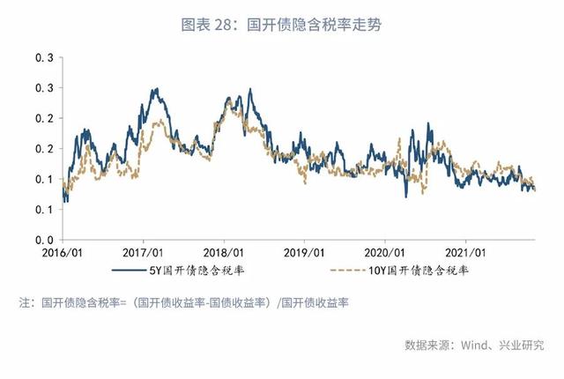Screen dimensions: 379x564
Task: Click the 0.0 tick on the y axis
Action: [x=45, y=240]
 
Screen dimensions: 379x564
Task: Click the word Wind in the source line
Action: [x=467, y=346]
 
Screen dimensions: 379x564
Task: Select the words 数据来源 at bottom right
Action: [x=426, y=346]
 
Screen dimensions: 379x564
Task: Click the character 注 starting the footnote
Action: [x=26, y=303]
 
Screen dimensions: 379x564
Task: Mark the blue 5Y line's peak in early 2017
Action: [x=155, y=89]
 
